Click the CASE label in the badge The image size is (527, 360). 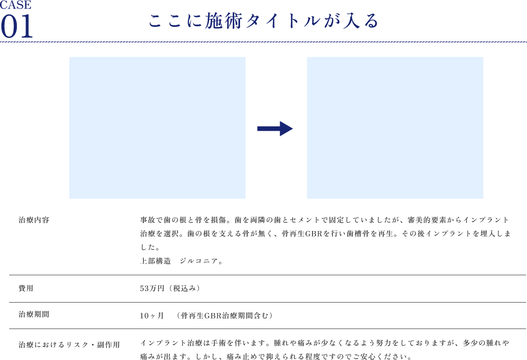[16, 5]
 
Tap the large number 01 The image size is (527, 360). [16, 26]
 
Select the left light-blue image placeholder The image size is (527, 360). [157, 128]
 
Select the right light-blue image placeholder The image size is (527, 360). [395, 128]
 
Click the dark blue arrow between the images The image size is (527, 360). [275, 129]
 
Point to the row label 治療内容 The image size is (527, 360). [34, 220]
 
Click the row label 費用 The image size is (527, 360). [26, 288]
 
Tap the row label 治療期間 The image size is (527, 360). [34, 314]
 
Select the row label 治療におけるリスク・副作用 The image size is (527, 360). [69, 345]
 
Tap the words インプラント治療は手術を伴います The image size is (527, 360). [205, 343]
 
